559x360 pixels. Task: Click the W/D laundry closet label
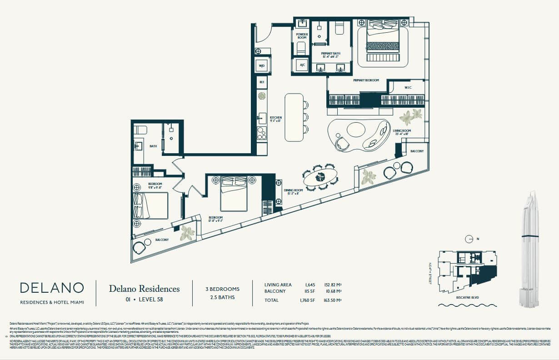pos(262,66)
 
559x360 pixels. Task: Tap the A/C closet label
pos(301,65)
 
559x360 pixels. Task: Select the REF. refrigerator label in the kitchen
pos(262,82)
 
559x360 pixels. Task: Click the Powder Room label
pos(302,36)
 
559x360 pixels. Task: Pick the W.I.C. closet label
pos(408,88)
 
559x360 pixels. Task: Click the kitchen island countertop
pos(294,117)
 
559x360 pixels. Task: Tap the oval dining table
pos(321,177)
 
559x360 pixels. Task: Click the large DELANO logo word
pos(52,288)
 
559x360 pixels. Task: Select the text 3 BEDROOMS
pos(223,289)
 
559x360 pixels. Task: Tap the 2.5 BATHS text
pos(223,298)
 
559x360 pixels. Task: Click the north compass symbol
pos(470,239)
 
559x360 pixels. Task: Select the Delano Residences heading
pos(144,289)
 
